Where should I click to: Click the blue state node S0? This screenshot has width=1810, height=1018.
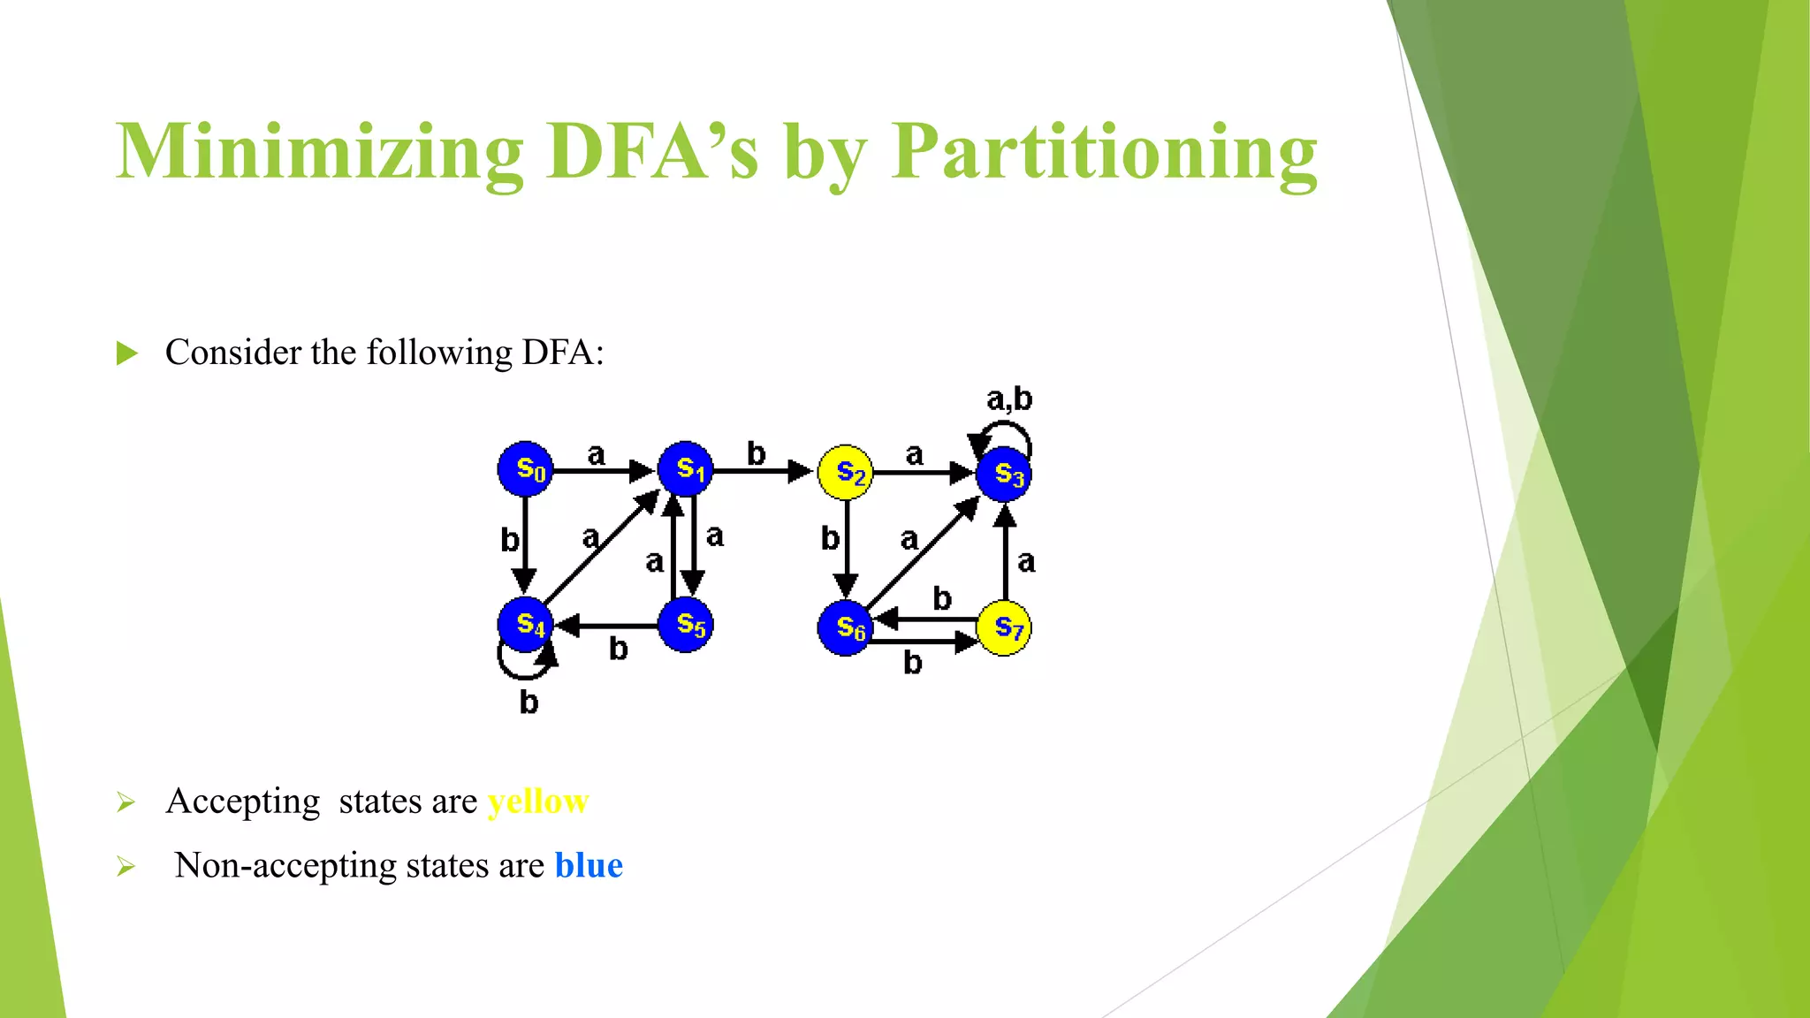[526, 468]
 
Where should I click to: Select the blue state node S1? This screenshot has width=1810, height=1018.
[685, 468]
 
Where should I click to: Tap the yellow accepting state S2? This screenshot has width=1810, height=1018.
[845, 472]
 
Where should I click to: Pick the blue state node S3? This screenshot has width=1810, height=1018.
[1004, 475]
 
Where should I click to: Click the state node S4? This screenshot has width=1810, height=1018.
[526, 625]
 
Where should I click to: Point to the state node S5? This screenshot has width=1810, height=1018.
[685, 625]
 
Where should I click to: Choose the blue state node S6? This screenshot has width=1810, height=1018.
[845, 628]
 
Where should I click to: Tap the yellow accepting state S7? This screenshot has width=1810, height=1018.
[1004, 628]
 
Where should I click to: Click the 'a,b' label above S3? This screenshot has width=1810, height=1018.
[1009, 399]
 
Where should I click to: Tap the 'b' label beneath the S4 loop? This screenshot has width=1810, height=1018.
[529, 703]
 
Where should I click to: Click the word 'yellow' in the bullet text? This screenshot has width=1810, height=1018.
[538, 801]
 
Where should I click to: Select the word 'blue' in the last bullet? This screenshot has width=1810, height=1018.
[589, 865]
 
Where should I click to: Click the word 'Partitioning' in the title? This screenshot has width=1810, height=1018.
[1104, 152]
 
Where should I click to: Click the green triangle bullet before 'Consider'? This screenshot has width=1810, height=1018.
[127, 353]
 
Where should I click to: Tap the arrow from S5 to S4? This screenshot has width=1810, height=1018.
[610, 626]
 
